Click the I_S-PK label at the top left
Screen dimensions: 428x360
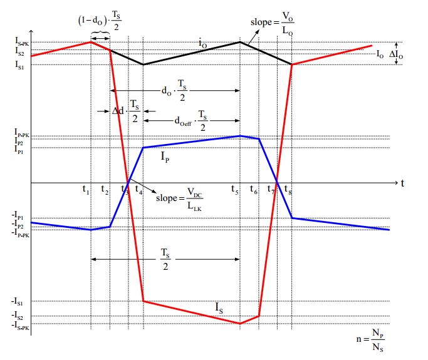[x=21, y=42]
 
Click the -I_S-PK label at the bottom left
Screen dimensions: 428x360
[x=20, y=324]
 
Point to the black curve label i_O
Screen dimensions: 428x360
[x=202, y=44]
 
